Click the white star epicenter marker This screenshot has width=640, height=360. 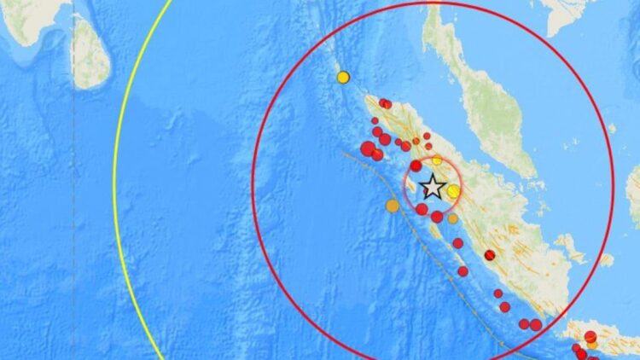pos(433,187)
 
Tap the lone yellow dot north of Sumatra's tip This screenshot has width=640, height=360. pos(343,77)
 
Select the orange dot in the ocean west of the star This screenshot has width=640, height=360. pos(392,205)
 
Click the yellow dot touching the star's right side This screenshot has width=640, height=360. pos(454,191)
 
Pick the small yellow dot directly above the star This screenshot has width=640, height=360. pos(437,160)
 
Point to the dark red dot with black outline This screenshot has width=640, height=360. pos(490,255)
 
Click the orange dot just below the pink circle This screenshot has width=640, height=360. pos(452,218)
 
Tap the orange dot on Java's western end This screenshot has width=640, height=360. pos(592,344)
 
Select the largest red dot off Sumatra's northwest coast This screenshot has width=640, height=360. pos(368,149)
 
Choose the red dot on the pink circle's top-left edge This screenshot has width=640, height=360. pos(416,165)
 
